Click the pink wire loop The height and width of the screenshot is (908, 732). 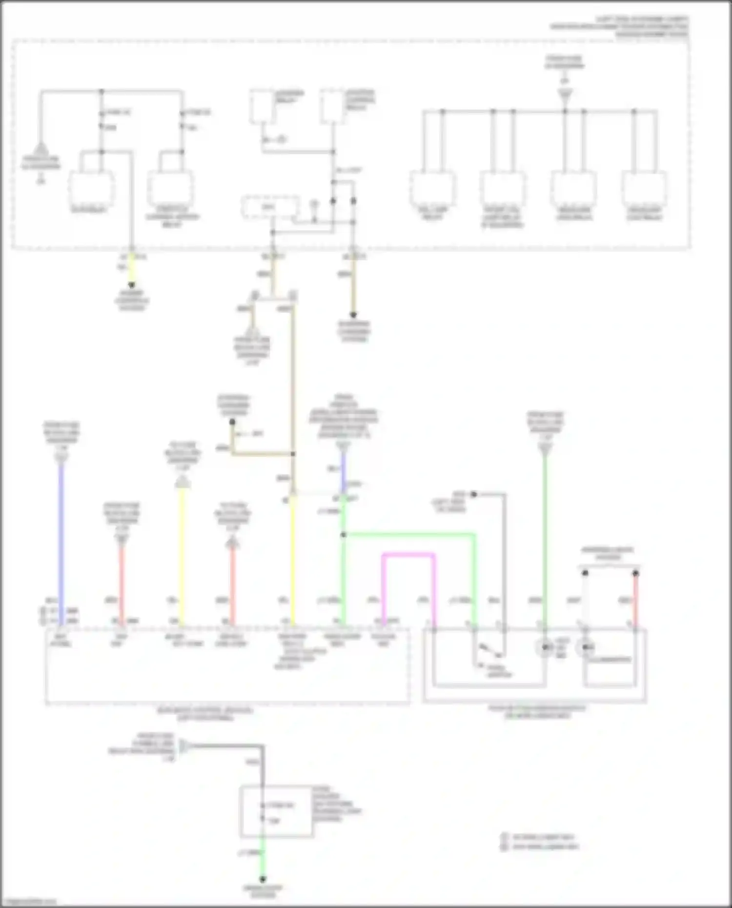409,555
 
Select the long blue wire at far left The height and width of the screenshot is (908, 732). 61,537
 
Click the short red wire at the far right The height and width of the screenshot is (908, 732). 636,600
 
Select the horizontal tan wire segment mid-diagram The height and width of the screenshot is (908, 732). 264,454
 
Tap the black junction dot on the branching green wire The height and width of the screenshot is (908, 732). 343,535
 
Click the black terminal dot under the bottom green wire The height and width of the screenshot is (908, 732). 263,879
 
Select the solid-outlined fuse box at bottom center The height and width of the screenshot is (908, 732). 276,811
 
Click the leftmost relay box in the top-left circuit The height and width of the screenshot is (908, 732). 91,188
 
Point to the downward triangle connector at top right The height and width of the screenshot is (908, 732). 565,94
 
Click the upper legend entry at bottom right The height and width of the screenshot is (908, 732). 539,837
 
